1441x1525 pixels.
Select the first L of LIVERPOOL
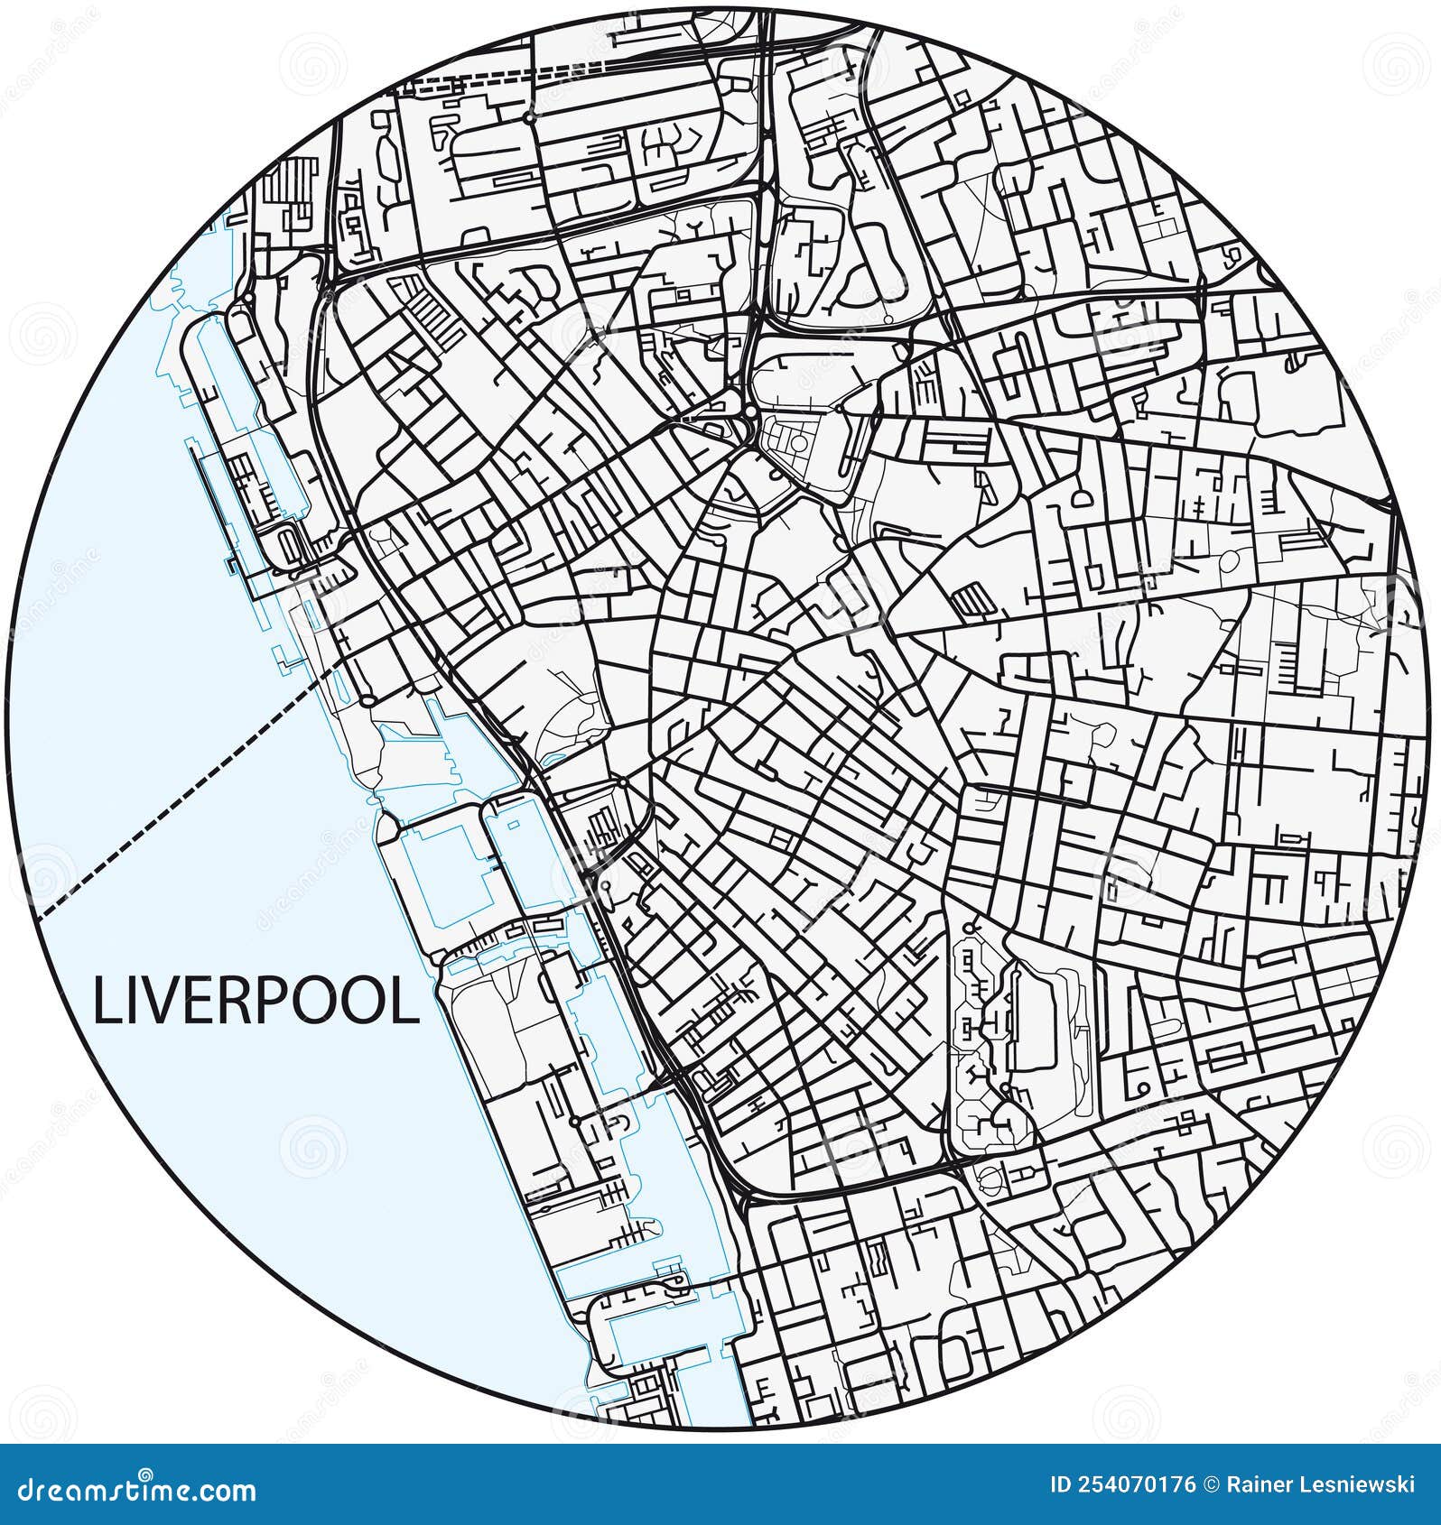tap(106, 1002)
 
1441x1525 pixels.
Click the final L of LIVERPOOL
tap(409, 1002)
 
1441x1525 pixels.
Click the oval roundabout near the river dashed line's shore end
tap(367, 700)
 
